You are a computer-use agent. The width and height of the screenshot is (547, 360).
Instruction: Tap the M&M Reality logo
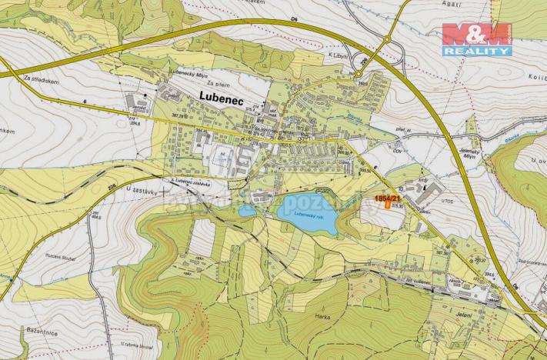(x=476, y=38)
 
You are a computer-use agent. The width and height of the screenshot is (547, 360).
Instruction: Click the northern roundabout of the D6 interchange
(x=387, y=40)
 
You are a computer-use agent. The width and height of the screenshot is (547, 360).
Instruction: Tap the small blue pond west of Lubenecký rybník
(x=248, y=210)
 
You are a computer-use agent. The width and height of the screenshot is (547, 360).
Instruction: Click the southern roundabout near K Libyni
(x=358, y=74)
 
